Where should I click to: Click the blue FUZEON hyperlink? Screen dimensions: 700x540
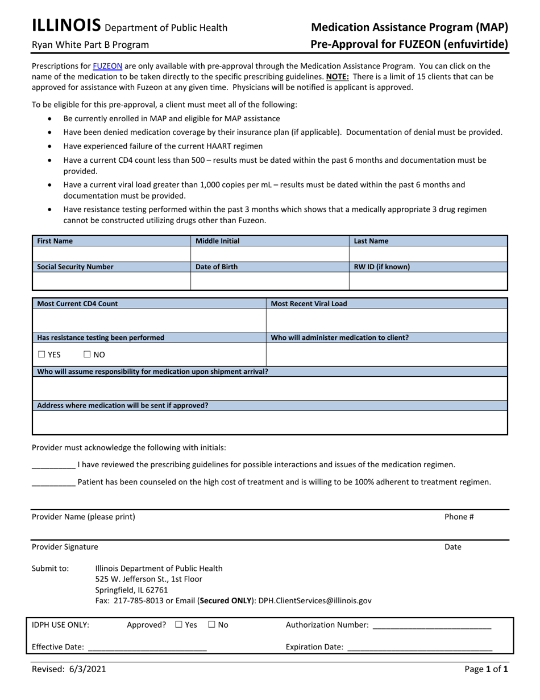tap(107, 66)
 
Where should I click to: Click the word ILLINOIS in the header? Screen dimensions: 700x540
tap(67, 26)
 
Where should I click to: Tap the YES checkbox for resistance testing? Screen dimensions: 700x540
tap(41, 355)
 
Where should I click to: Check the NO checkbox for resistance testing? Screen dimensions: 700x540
tap(87, 355)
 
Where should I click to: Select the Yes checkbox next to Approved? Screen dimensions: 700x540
tap(179, 624)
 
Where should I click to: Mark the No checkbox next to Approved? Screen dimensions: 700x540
tap(211, 624)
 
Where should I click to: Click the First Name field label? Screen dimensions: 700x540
tap(55, 241)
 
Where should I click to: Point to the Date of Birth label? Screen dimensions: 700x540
tap(217, 267)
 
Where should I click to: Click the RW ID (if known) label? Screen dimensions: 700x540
tap(381, 267)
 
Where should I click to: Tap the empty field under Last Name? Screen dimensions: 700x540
tap(427, 254)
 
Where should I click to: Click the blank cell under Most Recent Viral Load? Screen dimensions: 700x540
tap(387, 320)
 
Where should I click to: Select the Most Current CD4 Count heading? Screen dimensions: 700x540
tap(77, 303)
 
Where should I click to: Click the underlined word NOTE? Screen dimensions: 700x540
tap(337, 76)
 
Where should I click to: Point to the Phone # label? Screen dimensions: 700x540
tap(459, 517)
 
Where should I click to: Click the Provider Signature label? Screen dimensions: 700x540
tap(65, 547)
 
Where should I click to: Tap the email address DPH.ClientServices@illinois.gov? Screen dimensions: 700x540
tap(314, 600)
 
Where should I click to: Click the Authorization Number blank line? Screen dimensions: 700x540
tap(431, 625)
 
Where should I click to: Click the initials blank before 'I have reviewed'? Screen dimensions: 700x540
tap(53, 465)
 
